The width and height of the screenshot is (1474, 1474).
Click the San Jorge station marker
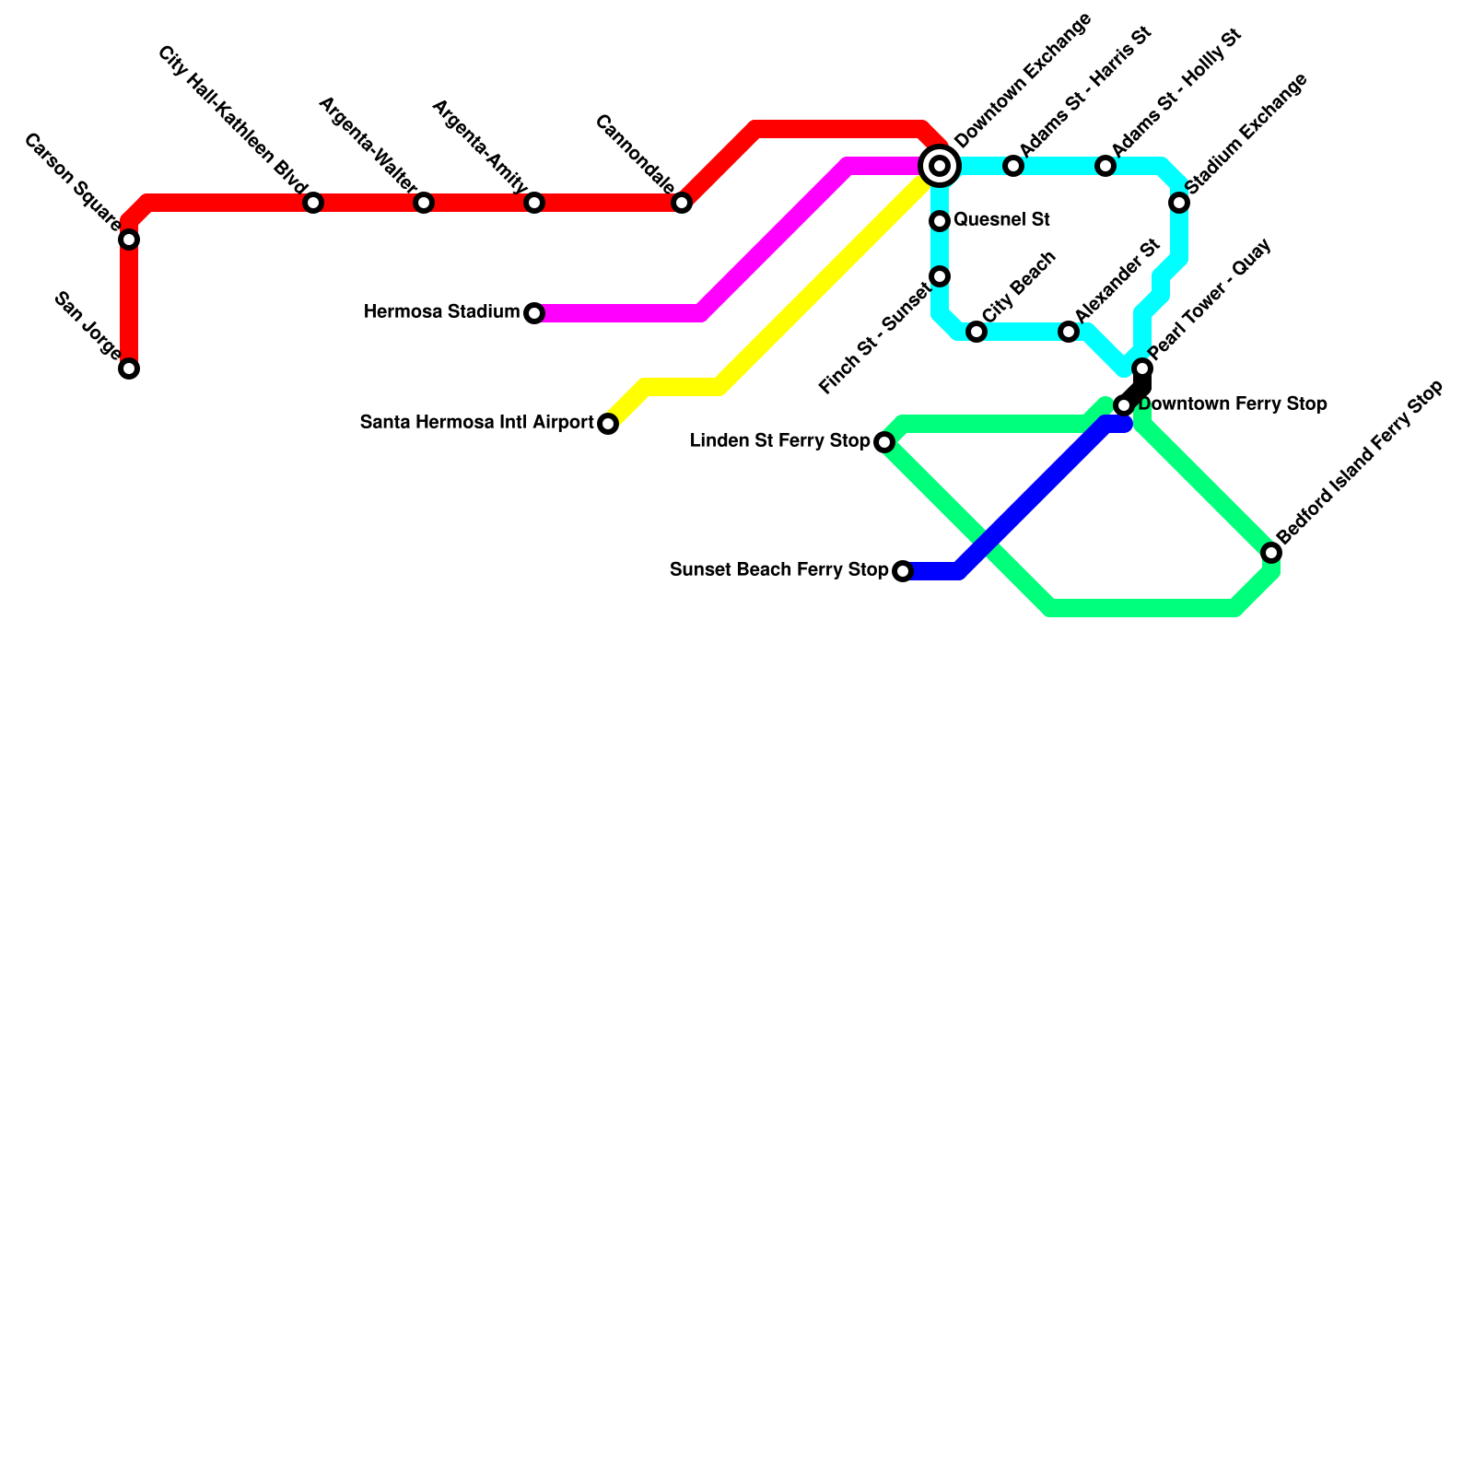[129, 368]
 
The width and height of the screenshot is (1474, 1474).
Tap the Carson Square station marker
[129, 240]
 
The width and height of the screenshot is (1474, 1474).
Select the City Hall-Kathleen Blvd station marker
[313, 203]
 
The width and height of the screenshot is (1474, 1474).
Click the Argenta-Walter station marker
[424, 203]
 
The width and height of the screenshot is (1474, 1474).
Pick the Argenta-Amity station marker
[534, 203]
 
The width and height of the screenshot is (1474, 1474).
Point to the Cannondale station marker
[682, 203]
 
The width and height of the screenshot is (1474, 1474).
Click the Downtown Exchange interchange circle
[940, 166]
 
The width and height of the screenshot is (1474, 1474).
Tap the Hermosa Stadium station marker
[534, 313]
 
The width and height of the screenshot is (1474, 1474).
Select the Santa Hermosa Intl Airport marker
[608, 424]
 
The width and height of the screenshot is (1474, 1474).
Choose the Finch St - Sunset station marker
[940, 276]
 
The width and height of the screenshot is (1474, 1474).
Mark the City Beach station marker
[977, 332]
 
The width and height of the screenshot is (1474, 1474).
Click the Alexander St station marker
[1069, 332]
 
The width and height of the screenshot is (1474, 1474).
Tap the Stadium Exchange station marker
[1179, 203]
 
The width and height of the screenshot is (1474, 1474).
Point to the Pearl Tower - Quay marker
[1142, 368]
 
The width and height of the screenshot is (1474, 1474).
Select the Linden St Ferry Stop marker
[884, 442]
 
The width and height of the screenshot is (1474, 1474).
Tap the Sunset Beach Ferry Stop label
[778, 570]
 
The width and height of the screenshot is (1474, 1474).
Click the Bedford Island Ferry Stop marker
[1271, 553]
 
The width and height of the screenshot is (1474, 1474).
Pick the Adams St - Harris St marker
[1013, 166]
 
